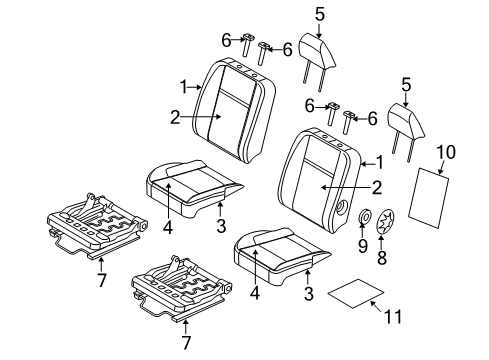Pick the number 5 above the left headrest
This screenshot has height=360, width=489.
[320, 14]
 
